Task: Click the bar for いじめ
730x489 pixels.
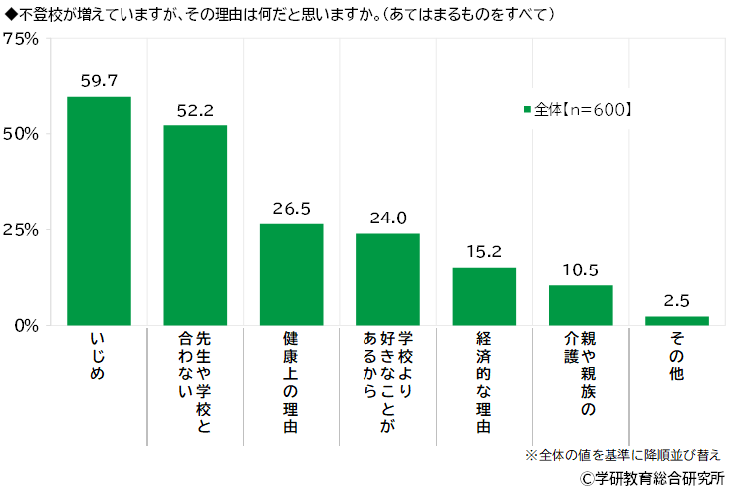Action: [99, 211]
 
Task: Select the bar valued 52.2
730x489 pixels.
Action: [195, 225]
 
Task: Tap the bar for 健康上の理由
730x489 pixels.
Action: [291, 274]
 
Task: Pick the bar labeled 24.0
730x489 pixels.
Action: [387, 279]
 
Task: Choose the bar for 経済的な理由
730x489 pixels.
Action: [484, 296]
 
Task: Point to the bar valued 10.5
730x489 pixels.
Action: [580, 305]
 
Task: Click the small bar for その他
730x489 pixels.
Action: [676, 319]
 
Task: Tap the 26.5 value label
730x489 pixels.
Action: [291, 210]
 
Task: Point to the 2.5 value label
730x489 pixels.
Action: [676, 301]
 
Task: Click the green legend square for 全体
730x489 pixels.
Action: [527, 110]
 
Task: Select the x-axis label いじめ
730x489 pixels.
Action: [98, 357]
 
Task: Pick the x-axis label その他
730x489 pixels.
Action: [676, 357]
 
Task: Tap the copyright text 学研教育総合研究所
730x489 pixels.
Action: [653, 477]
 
